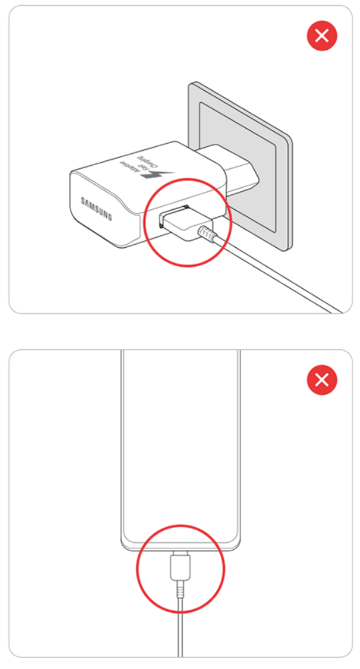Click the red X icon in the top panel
tap(322, 36)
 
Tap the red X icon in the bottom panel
tap(322, 380)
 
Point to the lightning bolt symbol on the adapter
tap(151, 173)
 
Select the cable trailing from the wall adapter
tap(284, 277)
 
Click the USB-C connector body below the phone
tap(180, 564)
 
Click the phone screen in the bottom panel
tap(180, 441)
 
